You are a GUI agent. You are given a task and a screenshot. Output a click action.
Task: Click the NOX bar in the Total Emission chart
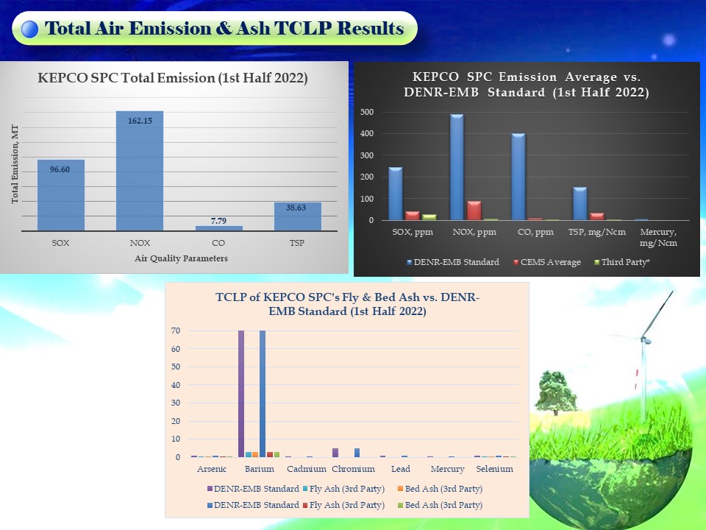(x=140, y=171)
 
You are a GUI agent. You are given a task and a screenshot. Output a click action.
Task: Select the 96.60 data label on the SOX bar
(x=60, y=169)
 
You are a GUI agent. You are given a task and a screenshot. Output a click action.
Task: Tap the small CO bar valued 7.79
(x=219, y=228)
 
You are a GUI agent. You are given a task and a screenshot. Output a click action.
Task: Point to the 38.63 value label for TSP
(x=296, y=208)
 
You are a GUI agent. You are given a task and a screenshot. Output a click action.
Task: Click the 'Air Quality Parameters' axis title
(x=181, y=258)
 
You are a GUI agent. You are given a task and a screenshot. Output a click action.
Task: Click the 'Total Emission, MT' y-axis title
(x=15, y=164)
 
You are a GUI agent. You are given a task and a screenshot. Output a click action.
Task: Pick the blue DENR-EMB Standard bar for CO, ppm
(x=518, y=177)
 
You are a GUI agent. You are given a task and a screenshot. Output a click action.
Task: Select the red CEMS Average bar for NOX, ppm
(x=474, y=211)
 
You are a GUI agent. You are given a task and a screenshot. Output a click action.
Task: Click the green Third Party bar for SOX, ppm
(x=429, y=217)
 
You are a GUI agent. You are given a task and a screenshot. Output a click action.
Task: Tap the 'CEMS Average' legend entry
(x=547, y=262)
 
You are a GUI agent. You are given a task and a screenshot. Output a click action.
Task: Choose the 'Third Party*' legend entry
(x=622, y=262)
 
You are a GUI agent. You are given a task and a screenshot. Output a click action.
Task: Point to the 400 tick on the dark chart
(x=367, y=133)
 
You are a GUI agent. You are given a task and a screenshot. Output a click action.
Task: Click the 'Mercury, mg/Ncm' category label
(x=658, y=237)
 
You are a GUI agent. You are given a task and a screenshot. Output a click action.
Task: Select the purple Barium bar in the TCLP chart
(x=241, y=394)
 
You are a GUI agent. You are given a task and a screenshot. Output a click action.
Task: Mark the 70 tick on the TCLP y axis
(x=176, y=331)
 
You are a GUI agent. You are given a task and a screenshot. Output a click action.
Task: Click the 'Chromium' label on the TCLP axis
(x=354, y=469)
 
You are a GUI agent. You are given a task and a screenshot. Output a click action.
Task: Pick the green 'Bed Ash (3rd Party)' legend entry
(x=440, y=505)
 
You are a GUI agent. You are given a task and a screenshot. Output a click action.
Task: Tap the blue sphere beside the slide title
(x=29, y=29)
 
